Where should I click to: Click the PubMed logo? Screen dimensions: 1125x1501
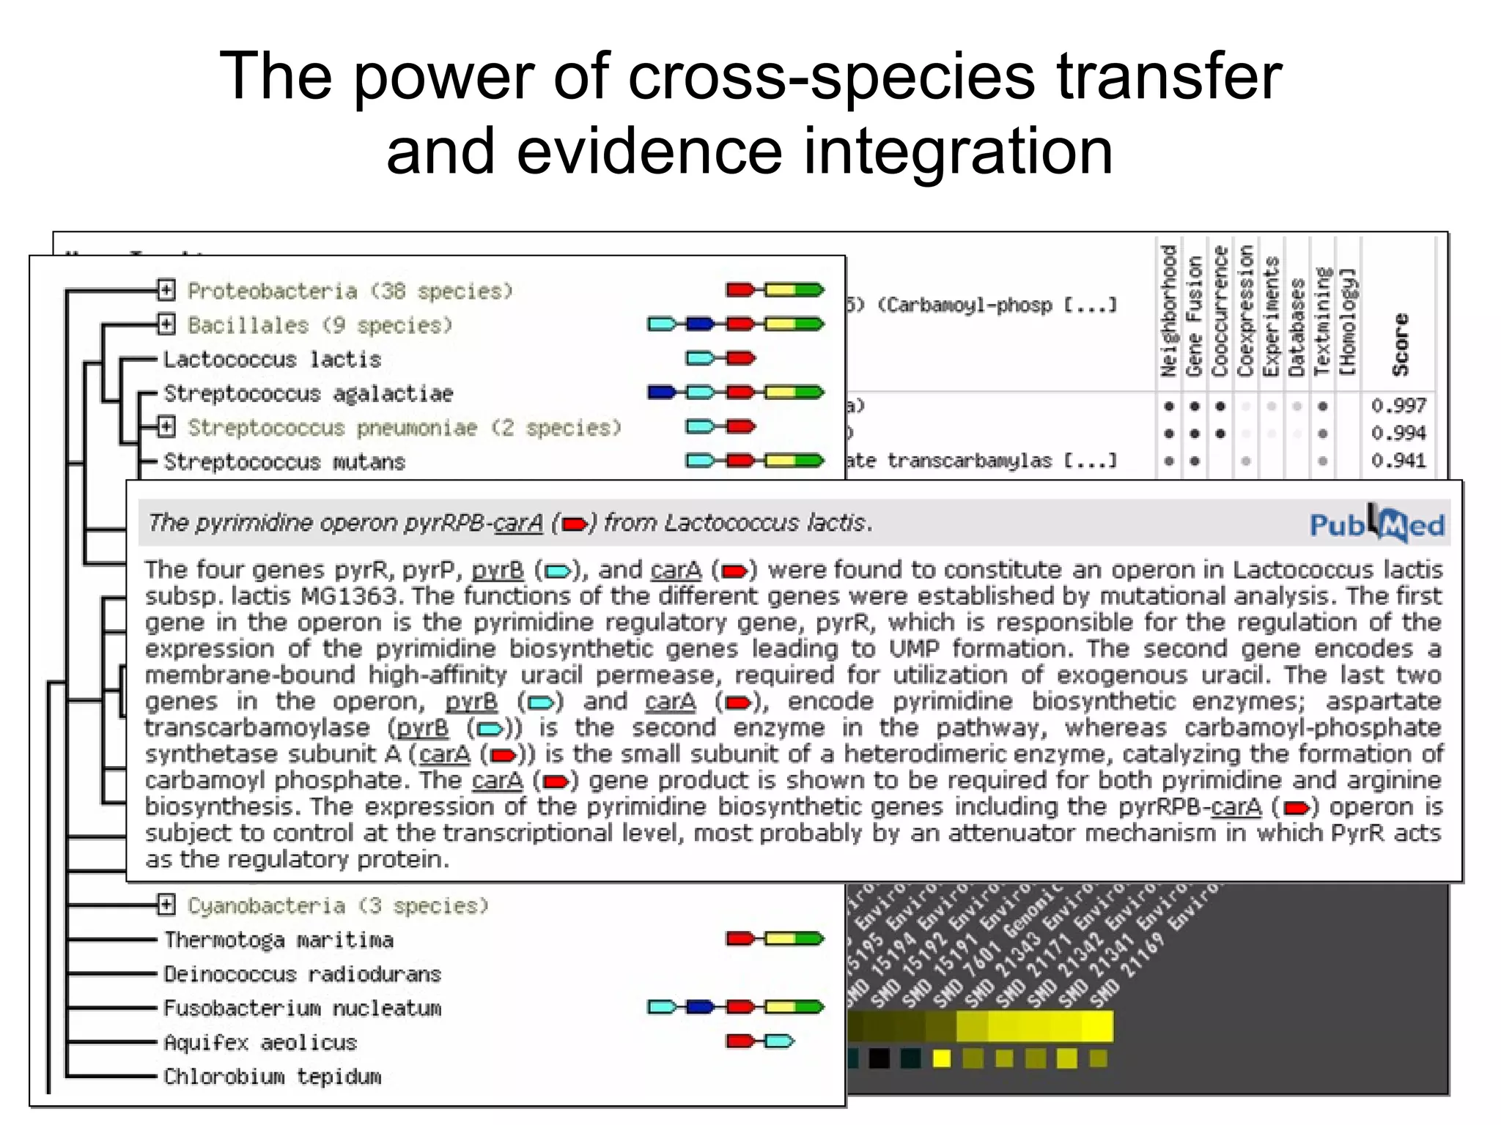point(1376,524)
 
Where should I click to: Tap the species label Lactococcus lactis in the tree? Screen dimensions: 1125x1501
point(272,360)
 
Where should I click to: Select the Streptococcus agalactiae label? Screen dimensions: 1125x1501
point(309,394)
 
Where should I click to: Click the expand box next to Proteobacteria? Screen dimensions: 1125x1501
point(166,291)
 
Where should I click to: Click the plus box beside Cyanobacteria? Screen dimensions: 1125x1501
point(166,905)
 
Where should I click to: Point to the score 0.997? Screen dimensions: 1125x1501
point(1398,406)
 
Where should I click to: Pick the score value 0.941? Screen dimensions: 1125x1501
point(1398,461)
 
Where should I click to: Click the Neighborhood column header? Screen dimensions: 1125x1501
point(1168,311)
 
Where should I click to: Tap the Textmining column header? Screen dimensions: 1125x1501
point(1322,322)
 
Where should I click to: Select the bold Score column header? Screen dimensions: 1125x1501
point(1401,344)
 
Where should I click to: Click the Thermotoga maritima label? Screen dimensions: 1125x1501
point(279,940)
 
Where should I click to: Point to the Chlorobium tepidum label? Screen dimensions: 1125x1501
point(273,1077)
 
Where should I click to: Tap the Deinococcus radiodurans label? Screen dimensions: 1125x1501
point(302,974)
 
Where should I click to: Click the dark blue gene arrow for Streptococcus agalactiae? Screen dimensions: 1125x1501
point(663,393)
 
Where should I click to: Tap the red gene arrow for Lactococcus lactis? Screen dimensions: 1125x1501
point(740,358)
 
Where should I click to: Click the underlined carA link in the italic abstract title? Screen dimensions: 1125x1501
point(518,523)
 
